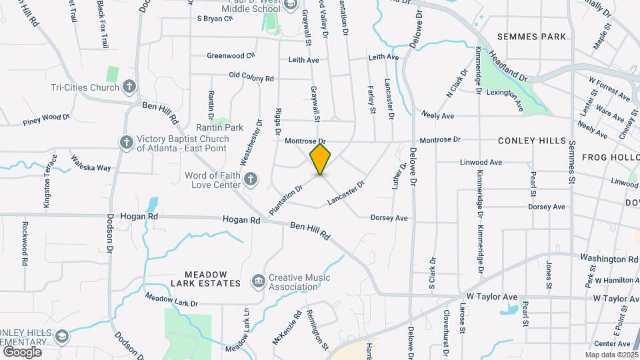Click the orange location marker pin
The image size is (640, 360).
[321, 159]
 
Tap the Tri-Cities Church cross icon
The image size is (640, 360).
[129, 87]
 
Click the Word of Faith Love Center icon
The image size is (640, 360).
[251, 179]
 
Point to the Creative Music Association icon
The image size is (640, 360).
[257, 282]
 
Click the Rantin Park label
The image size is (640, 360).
[219, 127]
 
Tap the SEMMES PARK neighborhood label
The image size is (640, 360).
[531, 36]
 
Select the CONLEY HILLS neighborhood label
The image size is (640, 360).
[531, 141]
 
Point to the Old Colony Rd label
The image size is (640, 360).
[251, 78]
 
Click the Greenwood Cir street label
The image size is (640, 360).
[231, 56]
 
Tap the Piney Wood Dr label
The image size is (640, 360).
[46, 119]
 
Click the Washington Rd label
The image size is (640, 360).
[609, 258]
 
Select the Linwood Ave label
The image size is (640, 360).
[481, 162]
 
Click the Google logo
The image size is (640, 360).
[21, 351]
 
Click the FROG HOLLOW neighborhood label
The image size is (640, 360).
[611, 157]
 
